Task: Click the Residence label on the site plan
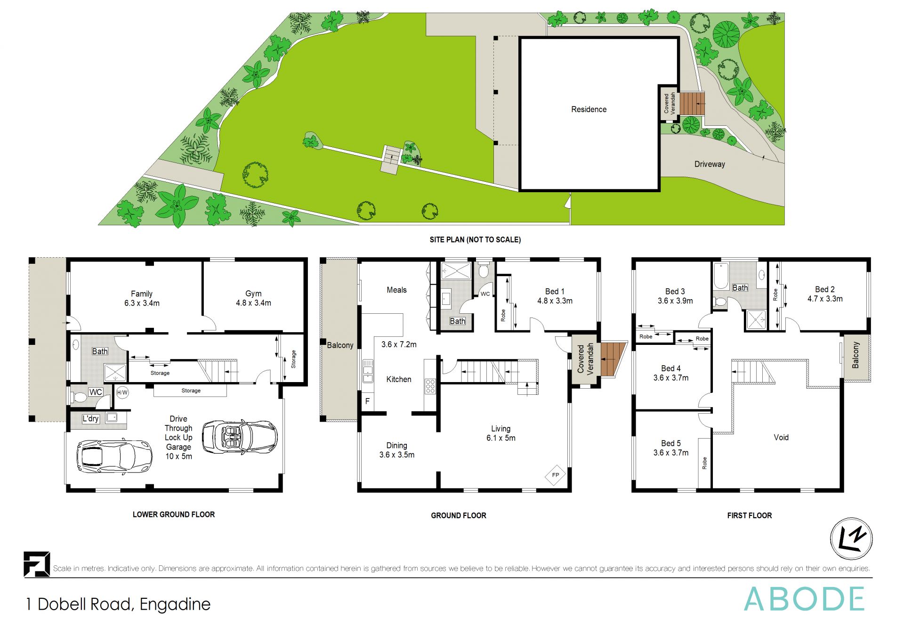[x=589, y=109]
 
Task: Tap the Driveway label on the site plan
[x=709, y=164]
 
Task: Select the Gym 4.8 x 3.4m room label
[x=253, y=298]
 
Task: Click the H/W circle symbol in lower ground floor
[x=122, y=392]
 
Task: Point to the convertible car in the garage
[x=240, y=437]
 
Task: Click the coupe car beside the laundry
[x=113, y=456]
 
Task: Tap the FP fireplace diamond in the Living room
[x=555, y=474]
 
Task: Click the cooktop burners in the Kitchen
[x=430, y=386]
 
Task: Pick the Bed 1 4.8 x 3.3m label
[x=555, y=296]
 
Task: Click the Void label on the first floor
[x=781, y=437]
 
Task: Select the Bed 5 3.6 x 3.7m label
[x=670, y=448]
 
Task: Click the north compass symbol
[x=851, y=538]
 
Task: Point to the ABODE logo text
[x=804, y=599]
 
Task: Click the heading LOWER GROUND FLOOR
[x=173, y=514]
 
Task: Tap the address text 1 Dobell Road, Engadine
[x=118, y=604]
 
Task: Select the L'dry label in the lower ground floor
[x=90, y=418]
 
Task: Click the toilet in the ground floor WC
[x=483, y=272]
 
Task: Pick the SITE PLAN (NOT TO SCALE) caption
[x=475, y=239]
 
